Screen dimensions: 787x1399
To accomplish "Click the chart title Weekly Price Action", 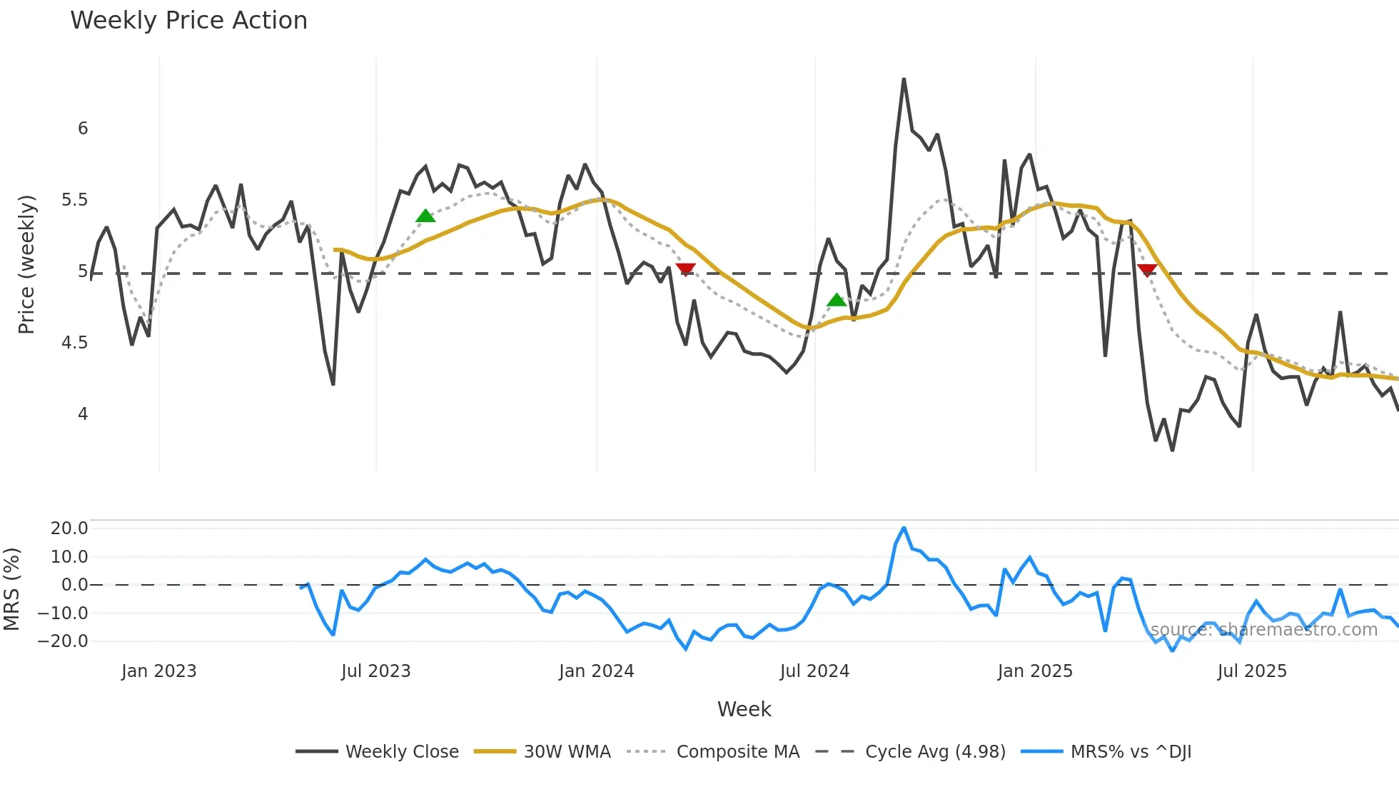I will coord(188,21).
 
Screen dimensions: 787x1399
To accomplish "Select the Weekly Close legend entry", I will coord(402,751).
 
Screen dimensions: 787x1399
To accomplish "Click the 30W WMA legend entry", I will coord(567,751).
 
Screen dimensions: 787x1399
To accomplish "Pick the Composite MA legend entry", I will coord(737,751).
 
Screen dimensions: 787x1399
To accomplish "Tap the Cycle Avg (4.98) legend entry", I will coord(935,751).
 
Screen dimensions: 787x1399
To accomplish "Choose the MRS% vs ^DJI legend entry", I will coord(1131,751).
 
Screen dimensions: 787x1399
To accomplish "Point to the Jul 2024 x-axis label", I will coord(814,671).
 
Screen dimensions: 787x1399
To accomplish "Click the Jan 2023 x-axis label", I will coord(158,671).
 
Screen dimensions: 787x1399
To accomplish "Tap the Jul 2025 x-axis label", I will coord(1252,671).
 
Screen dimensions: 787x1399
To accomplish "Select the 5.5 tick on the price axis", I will coord(74,200).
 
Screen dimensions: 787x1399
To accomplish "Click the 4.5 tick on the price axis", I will coord(74,343).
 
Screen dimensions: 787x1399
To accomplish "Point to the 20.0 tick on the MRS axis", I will coord(69,528).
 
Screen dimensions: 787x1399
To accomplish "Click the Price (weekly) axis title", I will coord(26,264).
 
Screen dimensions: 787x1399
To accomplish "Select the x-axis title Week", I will coord(744,709).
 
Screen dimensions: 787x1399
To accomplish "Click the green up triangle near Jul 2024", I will coord(837,300).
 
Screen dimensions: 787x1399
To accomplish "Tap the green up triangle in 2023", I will coord(425,216).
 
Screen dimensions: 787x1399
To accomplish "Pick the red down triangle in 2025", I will coord(1147,270).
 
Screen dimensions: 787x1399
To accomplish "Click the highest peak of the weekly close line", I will coord(904,79).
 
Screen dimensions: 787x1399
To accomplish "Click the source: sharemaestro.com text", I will coord(1263,630).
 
